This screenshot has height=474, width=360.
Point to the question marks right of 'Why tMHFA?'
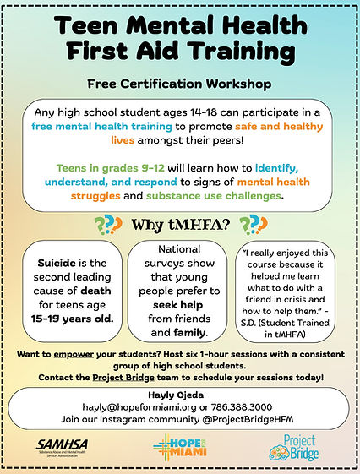pyautogui.click(x=251, y=225)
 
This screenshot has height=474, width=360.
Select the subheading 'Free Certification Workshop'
pyautogui.click(x=179, y=84)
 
